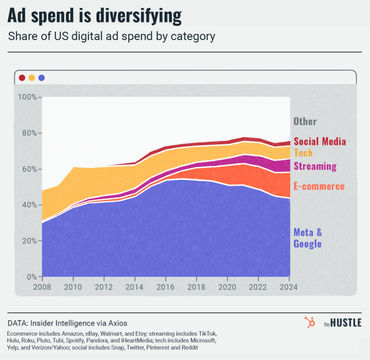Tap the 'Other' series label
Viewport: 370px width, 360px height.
click(305, 121)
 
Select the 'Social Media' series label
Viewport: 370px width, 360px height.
click(320, 142)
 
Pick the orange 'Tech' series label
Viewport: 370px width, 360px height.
click(303, 153)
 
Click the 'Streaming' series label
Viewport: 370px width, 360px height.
click(315, 166)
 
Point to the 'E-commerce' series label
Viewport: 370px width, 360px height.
click(319, 187)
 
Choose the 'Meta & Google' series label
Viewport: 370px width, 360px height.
click(308, 238)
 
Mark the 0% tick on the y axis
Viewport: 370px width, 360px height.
click(30, 277)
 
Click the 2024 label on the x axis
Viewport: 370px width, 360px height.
click(288, 287)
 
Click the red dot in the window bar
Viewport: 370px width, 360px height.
click(22, 78)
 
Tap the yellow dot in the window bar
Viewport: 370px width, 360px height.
click(32, 78)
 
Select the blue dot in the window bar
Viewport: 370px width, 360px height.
click(41, 78)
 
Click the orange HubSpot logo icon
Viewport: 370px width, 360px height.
click(310, 322)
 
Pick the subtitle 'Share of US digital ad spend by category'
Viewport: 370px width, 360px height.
click(111, 36)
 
